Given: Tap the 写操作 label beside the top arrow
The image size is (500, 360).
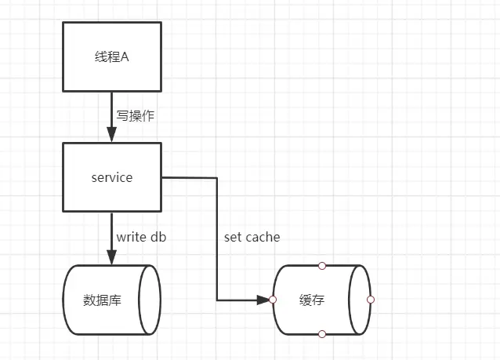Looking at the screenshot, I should click(135, 115).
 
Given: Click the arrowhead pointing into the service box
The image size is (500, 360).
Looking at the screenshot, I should click(111, 134).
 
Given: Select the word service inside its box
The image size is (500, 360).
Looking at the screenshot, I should click(112, 177).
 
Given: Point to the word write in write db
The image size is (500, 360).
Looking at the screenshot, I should click(132, 237).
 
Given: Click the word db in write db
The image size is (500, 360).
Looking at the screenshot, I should click(158, 237).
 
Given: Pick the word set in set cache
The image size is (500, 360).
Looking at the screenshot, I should click(234, 237).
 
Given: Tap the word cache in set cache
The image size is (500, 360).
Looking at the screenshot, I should click(263, 237).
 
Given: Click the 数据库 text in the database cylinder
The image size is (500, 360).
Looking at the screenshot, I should click(102, 300).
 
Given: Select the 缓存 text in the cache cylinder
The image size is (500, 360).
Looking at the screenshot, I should click(311, 300).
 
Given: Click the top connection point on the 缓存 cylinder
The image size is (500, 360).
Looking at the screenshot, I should click(321, 265).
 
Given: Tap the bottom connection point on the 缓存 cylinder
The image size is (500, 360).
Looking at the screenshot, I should click(321, 334).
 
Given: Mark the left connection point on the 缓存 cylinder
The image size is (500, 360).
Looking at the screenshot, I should click(273, 300).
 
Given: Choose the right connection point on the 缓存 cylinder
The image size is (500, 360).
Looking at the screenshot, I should click(370, 300).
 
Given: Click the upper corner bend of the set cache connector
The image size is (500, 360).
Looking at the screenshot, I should click(217, 178).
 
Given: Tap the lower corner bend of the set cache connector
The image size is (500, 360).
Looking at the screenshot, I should click(217, 300).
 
